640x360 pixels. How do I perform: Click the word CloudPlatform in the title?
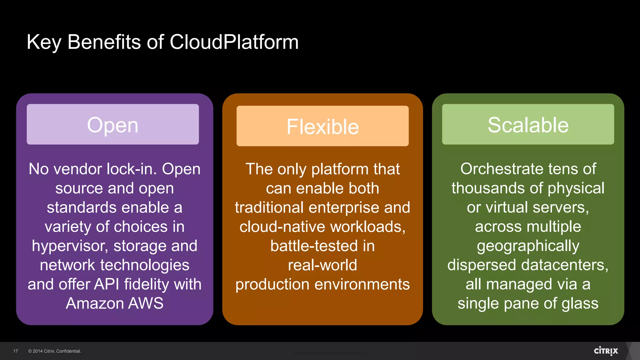[234, 42]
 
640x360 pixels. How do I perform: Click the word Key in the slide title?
[44, 42]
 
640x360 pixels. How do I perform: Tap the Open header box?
[112, 124]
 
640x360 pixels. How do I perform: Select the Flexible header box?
[322, 126]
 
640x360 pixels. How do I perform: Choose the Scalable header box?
[528, 124]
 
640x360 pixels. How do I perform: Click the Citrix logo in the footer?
[606, 351]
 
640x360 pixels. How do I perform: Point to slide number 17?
[16, 351]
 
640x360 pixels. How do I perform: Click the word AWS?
[146, 303]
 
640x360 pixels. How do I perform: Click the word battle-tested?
[314, 246]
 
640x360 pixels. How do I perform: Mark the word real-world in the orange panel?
[322, 265]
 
